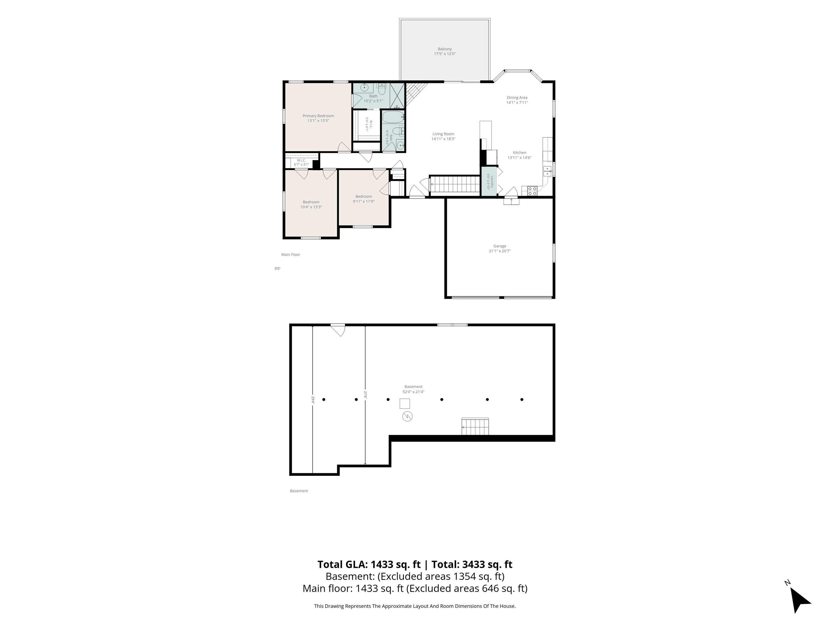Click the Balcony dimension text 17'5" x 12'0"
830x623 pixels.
(x=445, y=54)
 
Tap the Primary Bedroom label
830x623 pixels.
(x=318, y=116)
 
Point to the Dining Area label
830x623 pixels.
(x=517, y=98)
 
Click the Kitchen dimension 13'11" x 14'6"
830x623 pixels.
(x=519, y=158)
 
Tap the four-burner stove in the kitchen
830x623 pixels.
(x=532, y=191)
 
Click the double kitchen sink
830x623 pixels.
(x=547, y=171)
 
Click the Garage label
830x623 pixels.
(x=500, y=246)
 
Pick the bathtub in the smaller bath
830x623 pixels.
(x=393, y=117)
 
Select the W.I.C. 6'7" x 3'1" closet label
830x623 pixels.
(x=301, y=163)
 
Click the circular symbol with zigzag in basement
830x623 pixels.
(x=407, y=416)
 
